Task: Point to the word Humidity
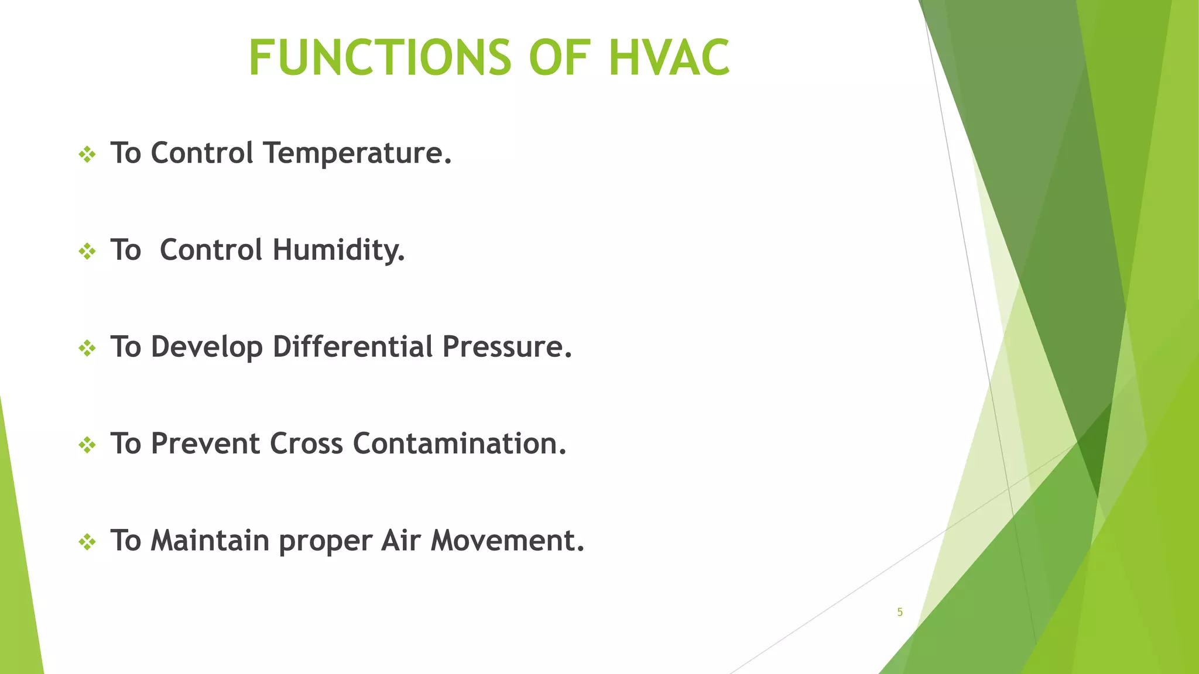coord(338,250)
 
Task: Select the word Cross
coord(306,443)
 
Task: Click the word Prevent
coord(205,443)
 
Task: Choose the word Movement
coord(507,541)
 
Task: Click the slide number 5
coord(900,612)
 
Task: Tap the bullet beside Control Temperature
coord(87,155)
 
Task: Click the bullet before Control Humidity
coord(87,252)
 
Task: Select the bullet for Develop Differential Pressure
coord(87,349)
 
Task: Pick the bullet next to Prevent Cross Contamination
coord(87,446)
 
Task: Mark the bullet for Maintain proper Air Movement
coord(87,542)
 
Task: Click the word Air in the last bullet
coord(400,541)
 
